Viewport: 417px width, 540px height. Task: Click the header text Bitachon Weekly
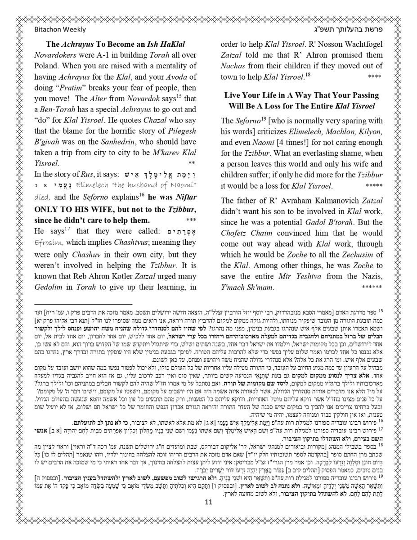(x=60, y=30)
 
